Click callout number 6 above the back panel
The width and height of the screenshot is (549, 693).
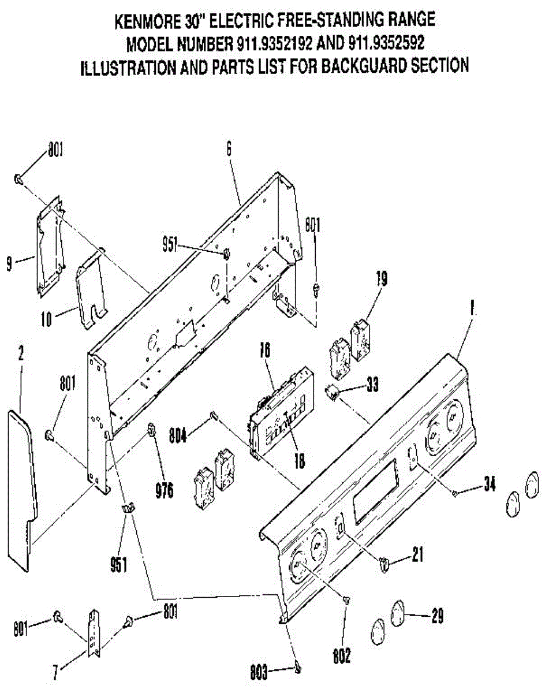(x=229, y=149)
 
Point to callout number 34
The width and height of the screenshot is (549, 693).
(x=489, y=485)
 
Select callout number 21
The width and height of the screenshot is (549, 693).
(x=418, y=556)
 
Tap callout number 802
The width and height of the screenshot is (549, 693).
(x=341, y=657)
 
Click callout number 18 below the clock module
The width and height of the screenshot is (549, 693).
(x=299, y=460)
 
